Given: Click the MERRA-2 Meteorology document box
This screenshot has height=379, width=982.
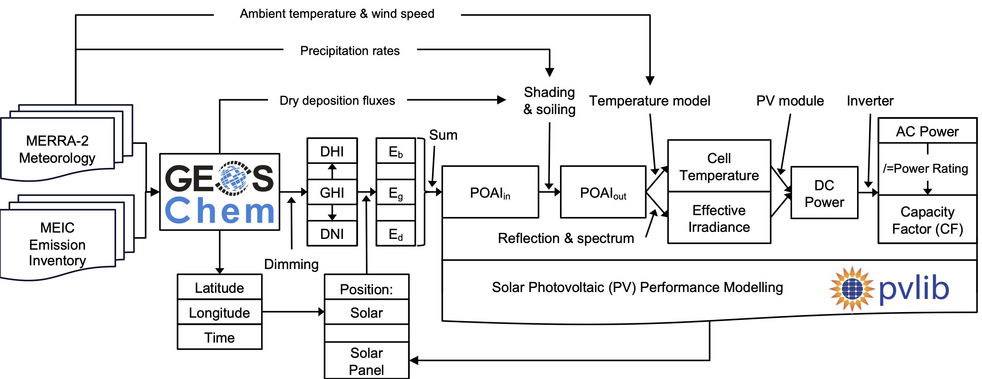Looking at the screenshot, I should pos(58,149).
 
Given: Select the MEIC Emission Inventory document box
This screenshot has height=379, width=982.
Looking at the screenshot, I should pos(58,244).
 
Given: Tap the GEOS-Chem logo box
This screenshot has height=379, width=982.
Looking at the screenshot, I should pos(220,192).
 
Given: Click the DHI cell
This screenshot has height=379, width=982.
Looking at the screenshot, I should pos(332,151).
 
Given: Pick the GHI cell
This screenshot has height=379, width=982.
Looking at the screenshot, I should pos(332,192).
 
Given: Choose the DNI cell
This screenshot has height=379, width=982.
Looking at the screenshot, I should pos(332,233).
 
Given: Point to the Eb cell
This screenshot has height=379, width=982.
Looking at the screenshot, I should pos(396,151).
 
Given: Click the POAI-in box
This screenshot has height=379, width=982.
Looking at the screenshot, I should pos(490,192).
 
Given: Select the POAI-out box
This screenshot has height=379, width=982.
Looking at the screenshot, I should pos(603,192).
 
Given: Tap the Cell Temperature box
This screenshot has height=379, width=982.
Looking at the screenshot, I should pos(719,166).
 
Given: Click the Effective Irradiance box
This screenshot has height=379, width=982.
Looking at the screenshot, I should pos(719,218).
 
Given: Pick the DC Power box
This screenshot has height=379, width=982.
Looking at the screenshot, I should pos(824,193).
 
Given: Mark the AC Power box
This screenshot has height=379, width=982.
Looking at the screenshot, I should pos(927,131).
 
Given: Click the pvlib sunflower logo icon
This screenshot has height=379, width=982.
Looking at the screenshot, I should pos(852,289).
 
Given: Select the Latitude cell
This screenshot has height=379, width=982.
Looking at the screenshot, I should pos(220,288).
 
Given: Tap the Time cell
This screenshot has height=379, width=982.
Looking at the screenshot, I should pos(220,337).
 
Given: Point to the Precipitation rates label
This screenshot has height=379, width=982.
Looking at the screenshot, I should pos(350,51).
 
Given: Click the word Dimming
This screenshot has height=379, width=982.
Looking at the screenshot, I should pos(291,264).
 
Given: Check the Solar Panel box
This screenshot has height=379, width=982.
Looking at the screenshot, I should pos(366,361).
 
